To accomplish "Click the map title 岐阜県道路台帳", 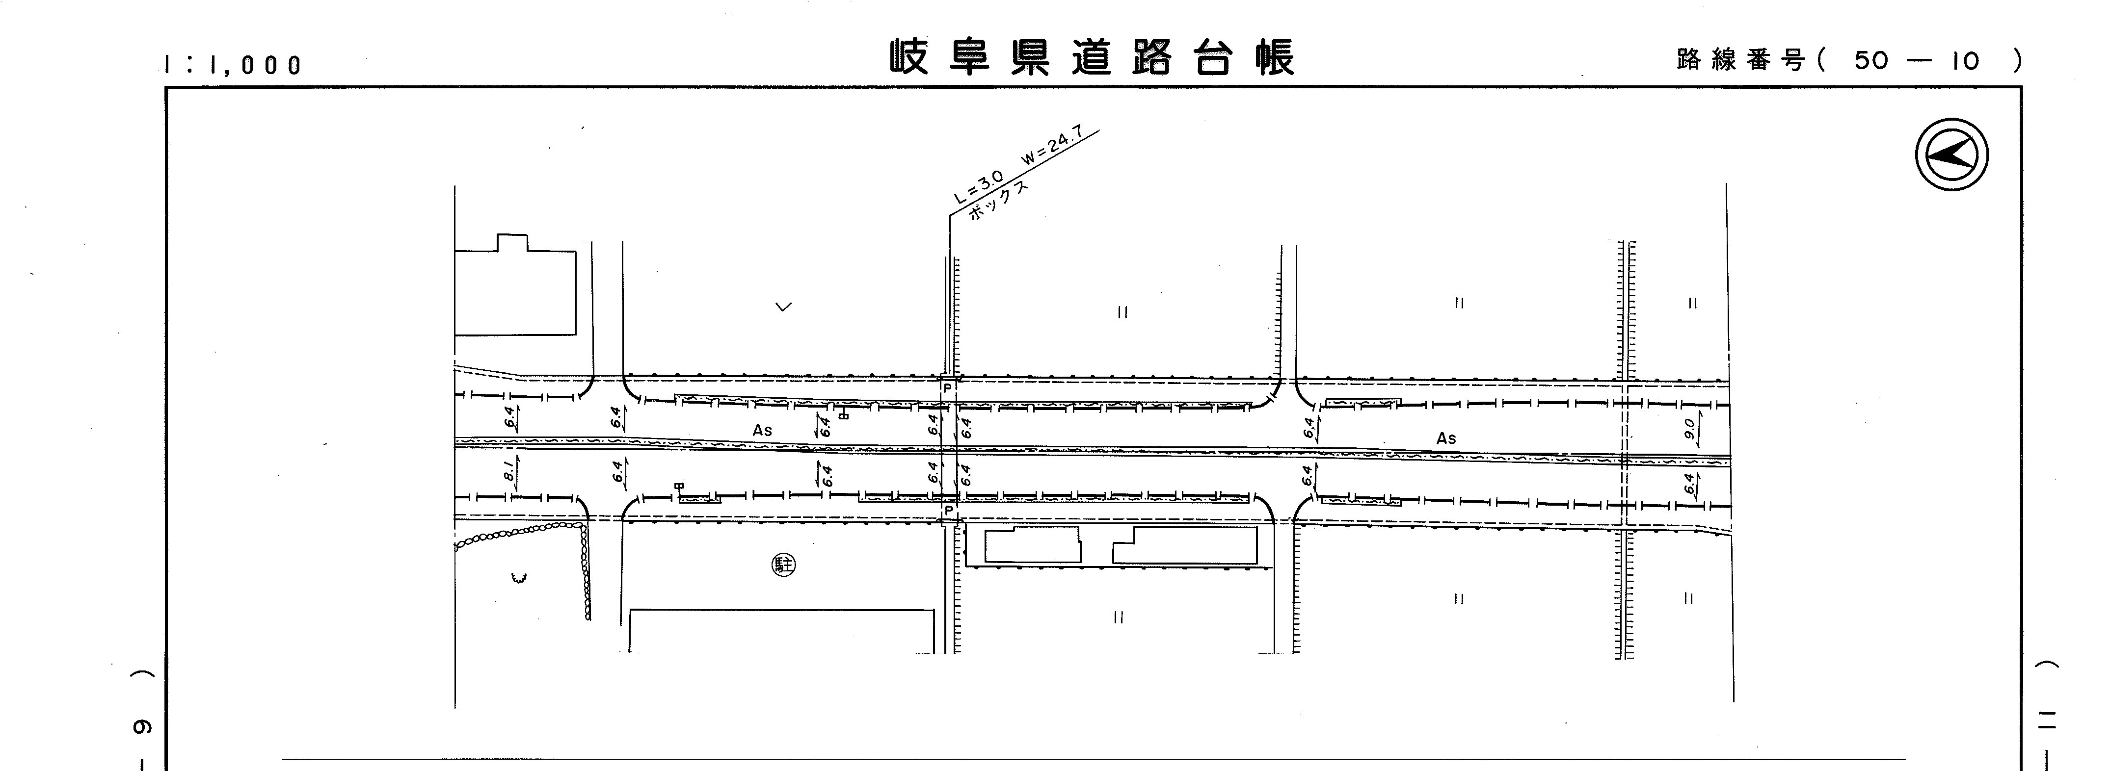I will click(1093, 58).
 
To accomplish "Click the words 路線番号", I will click(1740, 60).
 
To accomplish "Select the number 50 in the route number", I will click(1871, 60).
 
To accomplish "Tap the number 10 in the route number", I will click(1964, 60).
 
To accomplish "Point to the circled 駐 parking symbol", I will click(784, 565).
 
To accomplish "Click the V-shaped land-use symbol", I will click(784, 307).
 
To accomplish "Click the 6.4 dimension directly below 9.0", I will click(1689, 485).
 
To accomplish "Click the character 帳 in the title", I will click(1275, 58).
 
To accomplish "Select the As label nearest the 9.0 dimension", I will click(1446, 438).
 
